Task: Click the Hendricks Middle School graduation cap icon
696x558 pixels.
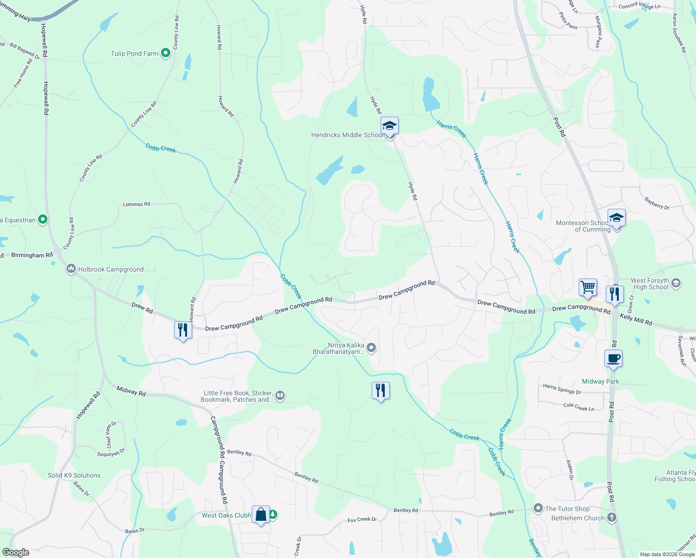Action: point(389,126)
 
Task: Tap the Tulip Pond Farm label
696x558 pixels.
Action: point(134,53)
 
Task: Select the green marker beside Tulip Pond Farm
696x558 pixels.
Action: point(165,53)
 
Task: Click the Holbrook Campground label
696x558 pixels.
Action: point(111,269)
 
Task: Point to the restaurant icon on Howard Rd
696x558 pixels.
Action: point(183,330)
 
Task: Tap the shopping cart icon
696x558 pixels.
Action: point(588,287)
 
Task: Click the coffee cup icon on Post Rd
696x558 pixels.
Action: point(613,359)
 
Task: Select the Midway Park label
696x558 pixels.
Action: point(600,381)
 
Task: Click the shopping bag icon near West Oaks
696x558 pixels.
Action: point(261,514)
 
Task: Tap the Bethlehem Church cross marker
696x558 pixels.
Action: point(611,517)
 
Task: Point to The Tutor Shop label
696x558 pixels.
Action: point(567,509)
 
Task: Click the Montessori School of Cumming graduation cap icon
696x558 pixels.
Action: point(616,218)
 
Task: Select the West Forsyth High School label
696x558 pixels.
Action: point(650,284)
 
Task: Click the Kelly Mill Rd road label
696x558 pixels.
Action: point(636,319)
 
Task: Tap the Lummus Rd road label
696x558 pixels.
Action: point(136,204)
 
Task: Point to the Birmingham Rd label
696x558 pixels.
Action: point(32,255)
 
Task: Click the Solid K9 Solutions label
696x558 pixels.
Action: point(74,475)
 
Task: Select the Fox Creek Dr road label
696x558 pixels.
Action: point(362,519)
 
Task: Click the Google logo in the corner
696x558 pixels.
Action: point(15,552)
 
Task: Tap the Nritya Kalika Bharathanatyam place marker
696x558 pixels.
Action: point(371,347)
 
